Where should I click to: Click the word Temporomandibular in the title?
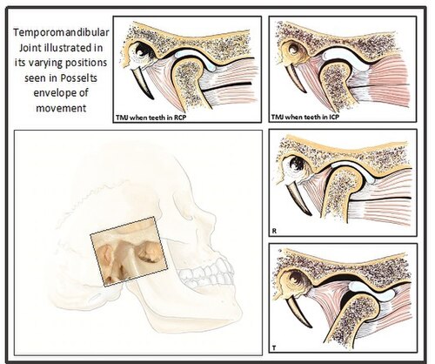(x=61, y=32)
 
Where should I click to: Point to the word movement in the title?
(x=61, y=108)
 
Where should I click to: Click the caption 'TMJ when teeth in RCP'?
(x=151, y=118)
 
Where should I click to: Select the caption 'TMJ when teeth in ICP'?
(x=305, y=117)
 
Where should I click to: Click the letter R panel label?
(x=274, y=232)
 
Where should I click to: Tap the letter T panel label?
(x=274, y=347)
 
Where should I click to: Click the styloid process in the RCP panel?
(x=143, y=83)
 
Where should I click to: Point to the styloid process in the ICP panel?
(x=296, y=78)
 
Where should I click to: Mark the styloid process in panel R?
(x=298, y=199)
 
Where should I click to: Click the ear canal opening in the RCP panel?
(x=142, y=51)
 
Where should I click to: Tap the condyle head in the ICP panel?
(x=336, y=72)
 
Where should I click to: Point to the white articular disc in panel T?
(x=371, y=289)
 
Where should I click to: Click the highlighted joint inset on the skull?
(x=129, y=252)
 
